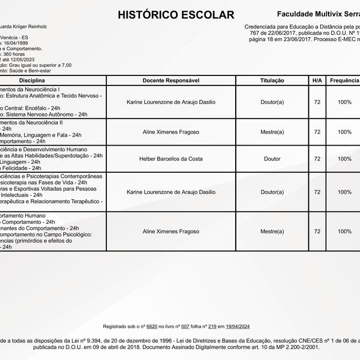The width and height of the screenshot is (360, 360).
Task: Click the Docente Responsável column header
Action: click(x=171, y=81)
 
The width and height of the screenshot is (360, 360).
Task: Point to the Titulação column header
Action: click(x=272, y=81)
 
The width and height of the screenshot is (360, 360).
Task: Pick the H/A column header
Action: click(x=317, y=81)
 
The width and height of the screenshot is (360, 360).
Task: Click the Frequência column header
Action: click(x=344, y=81)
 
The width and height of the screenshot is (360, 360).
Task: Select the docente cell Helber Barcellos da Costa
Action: click(x=171, y=159)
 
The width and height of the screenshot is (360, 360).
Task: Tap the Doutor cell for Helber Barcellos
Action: click(x=272, y=159)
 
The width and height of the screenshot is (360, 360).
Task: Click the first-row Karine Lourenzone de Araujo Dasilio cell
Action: click(x=171, y=102)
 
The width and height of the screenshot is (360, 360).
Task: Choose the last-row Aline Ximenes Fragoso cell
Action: click(x=171, y=231)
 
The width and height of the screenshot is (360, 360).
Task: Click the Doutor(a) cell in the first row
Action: click(x=272, y=102)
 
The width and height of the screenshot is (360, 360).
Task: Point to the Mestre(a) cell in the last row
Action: click(x=272, y=231)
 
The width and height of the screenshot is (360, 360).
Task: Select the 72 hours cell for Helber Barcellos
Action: click(x=317, y=159)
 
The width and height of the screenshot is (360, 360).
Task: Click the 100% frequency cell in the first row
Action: click(x=344, y=102)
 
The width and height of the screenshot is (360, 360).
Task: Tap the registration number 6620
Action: click(x=151, y=326)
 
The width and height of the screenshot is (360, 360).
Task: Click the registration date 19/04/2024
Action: click(x=239, y=326)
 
